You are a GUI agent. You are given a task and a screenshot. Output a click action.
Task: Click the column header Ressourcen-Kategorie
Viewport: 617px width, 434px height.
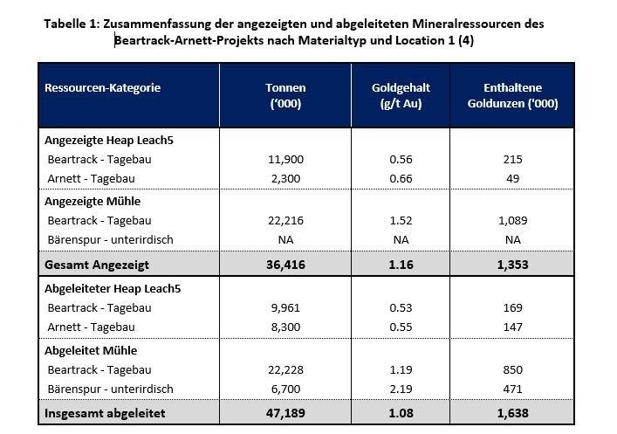(x=102, y=88)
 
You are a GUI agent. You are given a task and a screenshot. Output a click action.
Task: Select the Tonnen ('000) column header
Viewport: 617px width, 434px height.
(x=285, y=95)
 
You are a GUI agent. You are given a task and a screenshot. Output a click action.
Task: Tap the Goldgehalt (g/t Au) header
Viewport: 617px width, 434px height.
(x=401, y=95)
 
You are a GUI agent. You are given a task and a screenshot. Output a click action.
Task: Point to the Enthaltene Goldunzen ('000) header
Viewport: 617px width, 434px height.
(x=513, y=95)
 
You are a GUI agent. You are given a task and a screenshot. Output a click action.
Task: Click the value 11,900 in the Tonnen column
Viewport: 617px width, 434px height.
(x=285, y=160)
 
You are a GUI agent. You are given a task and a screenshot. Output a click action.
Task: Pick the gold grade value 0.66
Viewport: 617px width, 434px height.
(x=401, y=179)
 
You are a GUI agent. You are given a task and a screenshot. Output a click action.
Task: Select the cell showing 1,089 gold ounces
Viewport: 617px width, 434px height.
(x=513, y=221)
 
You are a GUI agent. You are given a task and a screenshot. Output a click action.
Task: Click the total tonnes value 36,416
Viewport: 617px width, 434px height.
(x=285, y=265)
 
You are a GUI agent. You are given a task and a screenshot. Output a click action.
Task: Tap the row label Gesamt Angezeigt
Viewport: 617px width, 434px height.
(x=97, y=265)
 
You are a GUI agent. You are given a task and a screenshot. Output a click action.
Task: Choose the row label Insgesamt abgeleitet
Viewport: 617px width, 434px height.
(x=105, y=413)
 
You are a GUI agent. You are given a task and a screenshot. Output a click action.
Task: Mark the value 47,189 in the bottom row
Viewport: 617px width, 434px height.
(x=285, y=413)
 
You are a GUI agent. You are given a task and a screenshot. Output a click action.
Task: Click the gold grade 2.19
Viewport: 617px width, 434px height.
(x=401, y=389)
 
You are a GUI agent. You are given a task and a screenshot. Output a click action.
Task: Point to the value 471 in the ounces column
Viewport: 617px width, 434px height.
(x=513, y=389)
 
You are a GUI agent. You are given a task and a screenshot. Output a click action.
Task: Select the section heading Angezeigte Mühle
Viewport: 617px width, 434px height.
(x=93, y=201)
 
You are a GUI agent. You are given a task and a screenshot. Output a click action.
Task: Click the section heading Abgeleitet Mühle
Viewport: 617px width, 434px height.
(x=91, y=350)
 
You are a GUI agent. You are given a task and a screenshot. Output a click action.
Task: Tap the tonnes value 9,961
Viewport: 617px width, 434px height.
(x=285, y=308)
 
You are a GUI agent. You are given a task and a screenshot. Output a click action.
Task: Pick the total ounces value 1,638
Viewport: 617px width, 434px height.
(x=513, y=413)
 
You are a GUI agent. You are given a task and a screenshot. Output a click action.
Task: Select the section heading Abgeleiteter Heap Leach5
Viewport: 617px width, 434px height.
(x=113, y=289)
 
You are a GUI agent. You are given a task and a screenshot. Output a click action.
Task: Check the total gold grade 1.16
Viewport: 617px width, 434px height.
(x=401, y=265)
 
